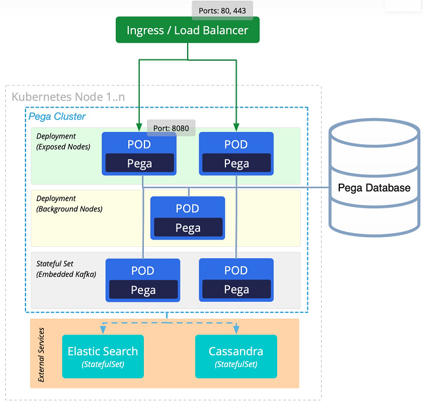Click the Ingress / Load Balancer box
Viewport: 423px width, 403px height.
188,30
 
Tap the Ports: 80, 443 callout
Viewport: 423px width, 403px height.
222,10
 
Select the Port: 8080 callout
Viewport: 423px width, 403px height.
171,128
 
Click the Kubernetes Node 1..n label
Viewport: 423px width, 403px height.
68,97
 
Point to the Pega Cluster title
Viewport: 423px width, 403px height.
57,116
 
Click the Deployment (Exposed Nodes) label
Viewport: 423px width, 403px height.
63,142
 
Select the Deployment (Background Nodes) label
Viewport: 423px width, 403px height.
69,204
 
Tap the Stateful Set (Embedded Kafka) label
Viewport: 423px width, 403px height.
66,269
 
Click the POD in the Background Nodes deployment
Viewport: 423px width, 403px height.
188,218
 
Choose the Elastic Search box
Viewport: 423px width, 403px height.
103,357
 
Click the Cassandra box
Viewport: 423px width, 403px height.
236,357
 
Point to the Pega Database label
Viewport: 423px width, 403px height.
374,187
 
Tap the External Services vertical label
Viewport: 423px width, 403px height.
41,355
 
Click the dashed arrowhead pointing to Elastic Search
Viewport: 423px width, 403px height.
103,330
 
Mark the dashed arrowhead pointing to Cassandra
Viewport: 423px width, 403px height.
236,330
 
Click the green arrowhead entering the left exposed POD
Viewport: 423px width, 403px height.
139,127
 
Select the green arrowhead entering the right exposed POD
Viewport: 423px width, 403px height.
236,127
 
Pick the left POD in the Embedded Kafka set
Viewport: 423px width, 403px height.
143,280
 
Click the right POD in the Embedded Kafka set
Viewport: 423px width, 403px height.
236,280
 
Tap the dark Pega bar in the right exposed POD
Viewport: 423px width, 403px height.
236,163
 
